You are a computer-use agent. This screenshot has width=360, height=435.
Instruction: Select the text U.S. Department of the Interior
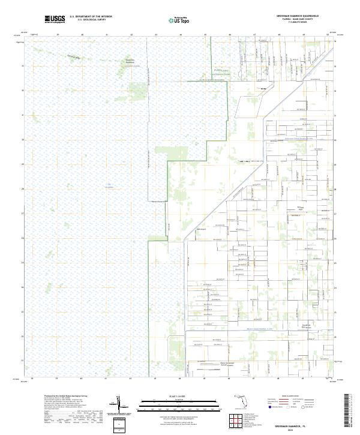[91, 16]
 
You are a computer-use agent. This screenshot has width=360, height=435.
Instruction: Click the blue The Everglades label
[109, 185]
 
